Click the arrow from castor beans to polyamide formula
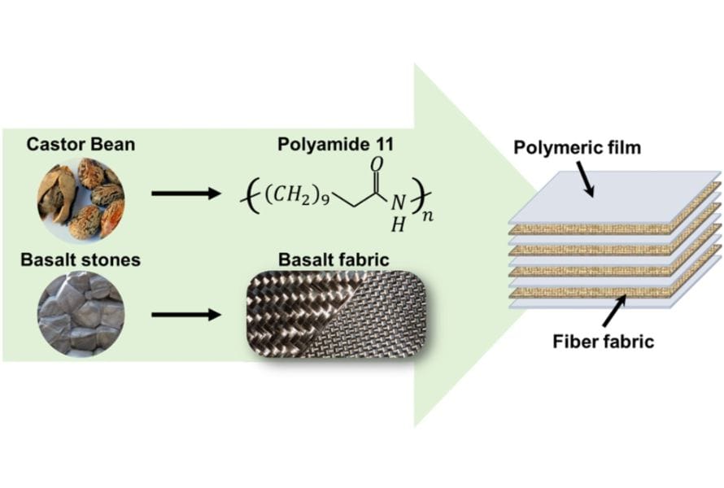point(186,195)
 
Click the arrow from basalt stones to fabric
point(186,313)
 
